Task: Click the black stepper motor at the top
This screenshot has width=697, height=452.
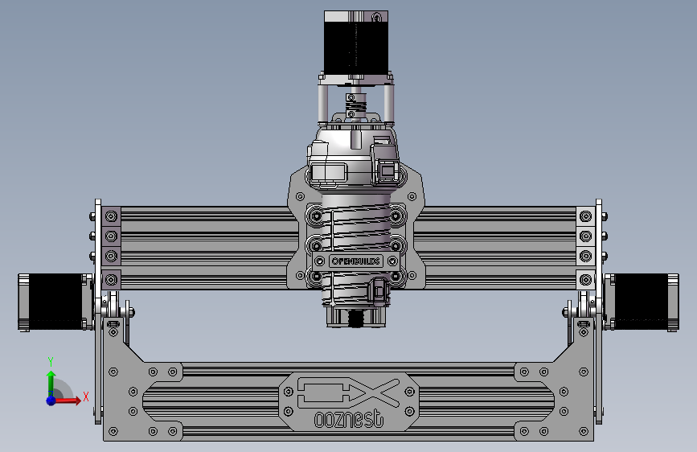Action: tap(353, 40)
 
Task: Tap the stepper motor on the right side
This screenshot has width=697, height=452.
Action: tap(642, 302)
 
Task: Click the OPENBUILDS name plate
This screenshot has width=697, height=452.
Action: tap(355, 261)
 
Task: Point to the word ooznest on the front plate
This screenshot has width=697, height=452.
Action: tap(348, 419)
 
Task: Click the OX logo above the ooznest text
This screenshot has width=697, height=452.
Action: tap(348, 392)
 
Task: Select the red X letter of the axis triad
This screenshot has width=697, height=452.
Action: tap(85, 395)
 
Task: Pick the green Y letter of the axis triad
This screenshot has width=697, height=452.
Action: tap(50, 361)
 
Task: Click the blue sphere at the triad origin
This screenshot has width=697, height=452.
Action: tap(51, 400)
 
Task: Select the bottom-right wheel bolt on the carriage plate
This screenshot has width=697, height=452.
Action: tap(396, 277)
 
